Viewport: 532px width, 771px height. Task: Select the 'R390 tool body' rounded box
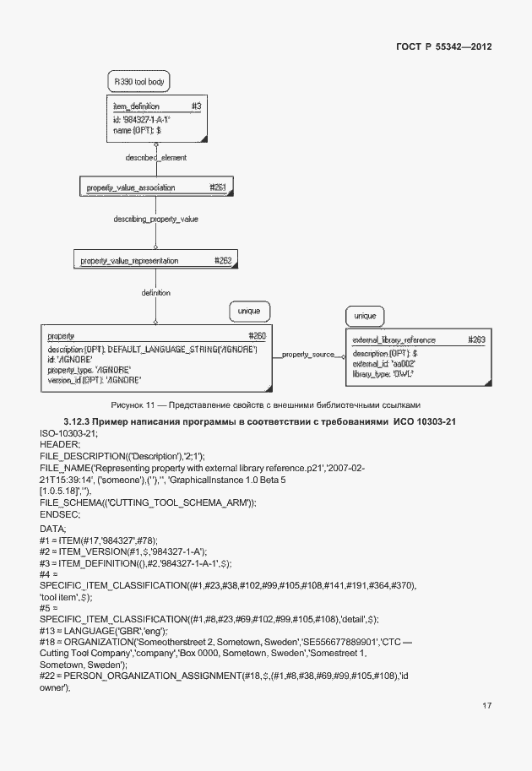[x=140, y=82]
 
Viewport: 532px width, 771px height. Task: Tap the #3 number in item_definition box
[x=195, y=107]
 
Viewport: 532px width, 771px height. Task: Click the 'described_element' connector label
[x=155, y=158]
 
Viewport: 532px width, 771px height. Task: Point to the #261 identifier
[x=217, y=187]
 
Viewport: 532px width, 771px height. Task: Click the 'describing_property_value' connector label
[x=155, y=219]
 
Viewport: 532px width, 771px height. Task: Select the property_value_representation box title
[x=129, y=261]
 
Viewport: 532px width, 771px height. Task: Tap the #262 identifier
[x=223, y=261]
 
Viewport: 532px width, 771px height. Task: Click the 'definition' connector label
[x=155, y=293]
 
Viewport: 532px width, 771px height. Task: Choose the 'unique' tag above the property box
[x=250, y=312]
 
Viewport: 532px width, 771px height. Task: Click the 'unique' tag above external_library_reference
[x=365, y=316]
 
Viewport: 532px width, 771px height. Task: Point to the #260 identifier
[x=258, y=336]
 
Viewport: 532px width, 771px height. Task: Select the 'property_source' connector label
[x=308, y=356]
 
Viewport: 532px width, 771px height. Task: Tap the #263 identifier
[x=476, y=339]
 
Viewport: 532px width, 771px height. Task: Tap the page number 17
[x=486, y=706]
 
